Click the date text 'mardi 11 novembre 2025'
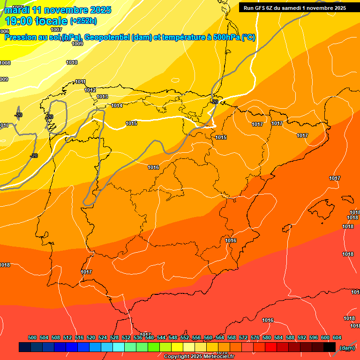click(x=58, y=10)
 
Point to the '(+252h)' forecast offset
click(x=83, y=21)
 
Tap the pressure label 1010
click(x=72, y=62)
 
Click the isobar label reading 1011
click(x=80, y=82)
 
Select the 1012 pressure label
click(x=90, y=90)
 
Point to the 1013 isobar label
click(x=102, y=97)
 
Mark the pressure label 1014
click(x=117, y=105)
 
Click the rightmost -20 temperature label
click(x=215, y=102)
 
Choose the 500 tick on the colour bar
click(x=32, y=337)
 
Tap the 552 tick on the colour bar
click(x=185, y=337)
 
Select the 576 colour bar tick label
click(x=255, y=337)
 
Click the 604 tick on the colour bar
click(x=337, y=337)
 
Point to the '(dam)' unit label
click(x=347, y=348)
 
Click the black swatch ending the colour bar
click(x=330, y=347)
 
